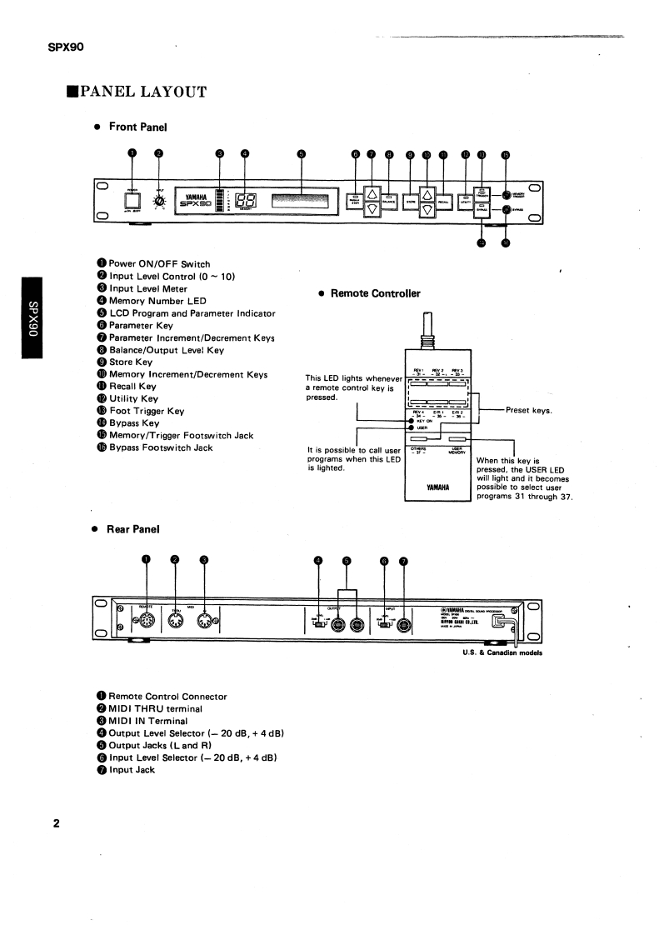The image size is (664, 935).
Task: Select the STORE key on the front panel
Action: click(x=411, y=201)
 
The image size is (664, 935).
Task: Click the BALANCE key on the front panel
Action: click(x=388, y=200)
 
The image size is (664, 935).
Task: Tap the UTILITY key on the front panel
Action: click(x=466, y=200)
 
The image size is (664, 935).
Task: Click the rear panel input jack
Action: click(x=404, y=625)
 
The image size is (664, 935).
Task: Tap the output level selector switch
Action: click(x=318, y=625)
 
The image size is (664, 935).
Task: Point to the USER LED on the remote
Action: click(x=411, y=428)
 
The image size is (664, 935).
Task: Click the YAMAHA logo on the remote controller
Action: click(x=438, y=487)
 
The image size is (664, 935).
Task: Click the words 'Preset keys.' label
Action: click(x=528, y=410)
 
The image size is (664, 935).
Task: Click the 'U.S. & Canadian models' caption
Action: click(x=502, y=652)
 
